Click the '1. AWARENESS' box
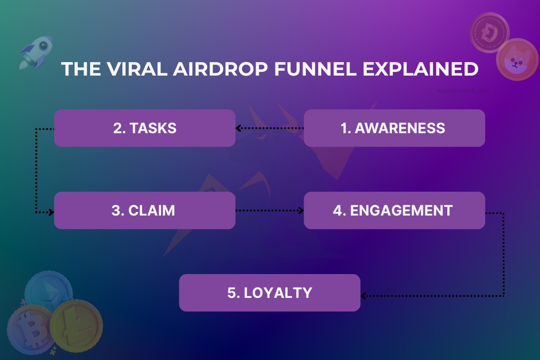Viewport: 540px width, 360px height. (x=394, y=128)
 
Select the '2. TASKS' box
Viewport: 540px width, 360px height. (x=144, y=128)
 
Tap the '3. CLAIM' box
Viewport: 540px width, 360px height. (x=144, y=211)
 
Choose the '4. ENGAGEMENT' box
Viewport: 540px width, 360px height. (x=394, y=211)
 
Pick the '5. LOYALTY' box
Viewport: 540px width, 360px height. (x=270, y=293)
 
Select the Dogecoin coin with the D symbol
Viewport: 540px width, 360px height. (x=489, y=33)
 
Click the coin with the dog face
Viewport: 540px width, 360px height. (x=517, y=60)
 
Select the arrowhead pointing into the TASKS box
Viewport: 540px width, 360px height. (x=239, y=129)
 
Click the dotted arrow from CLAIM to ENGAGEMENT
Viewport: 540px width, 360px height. (x=269, y=211)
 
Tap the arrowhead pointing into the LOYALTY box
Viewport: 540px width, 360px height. (x=364, y=296)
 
